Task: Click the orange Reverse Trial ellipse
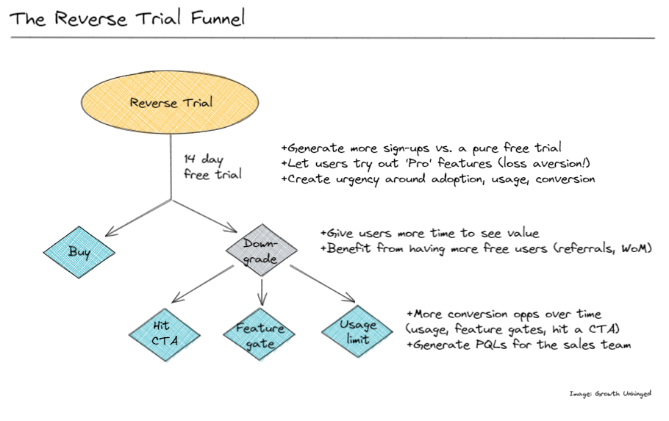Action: (171, 103)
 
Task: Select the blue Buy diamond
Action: (79, 252)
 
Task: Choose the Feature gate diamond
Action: (260, 334)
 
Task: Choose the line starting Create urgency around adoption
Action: (437, 179)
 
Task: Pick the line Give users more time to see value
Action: (429, 233)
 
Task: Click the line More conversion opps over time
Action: (503, 314)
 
